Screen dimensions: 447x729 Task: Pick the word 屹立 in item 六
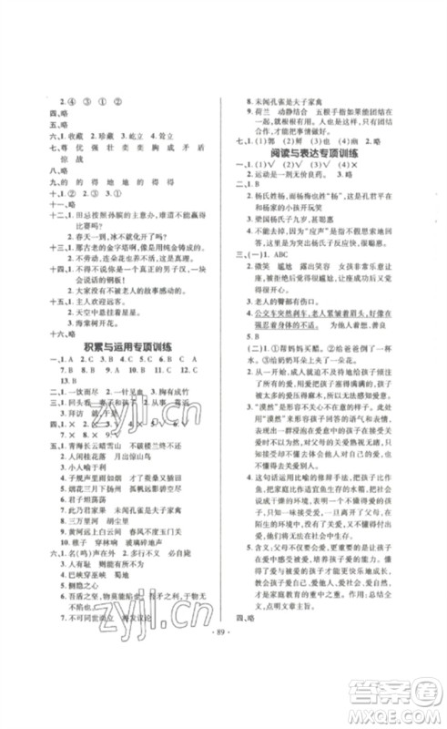[x=153, y=130]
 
